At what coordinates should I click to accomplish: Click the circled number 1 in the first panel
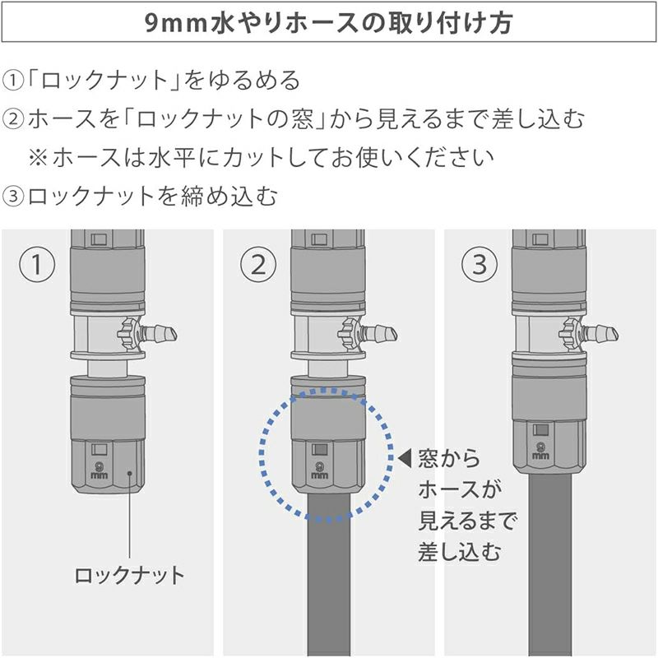click(37, 264)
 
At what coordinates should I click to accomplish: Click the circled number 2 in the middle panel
click(258, 264)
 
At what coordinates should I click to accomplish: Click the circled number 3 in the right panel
click(480, 264)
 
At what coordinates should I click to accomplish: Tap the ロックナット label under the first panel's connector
click(129, 575)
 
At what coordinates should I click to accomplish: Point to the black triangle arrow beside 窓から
click(405, 459)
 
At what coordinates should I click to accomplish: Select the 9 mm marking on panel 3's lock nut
click(540, 451)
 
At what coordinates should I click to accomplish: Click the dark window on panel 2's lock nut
click(319, 449)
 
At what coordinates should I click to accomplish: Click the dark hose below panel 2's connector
click(328, 574)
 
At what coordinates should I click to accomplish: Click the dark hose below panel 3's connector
click(549, 564)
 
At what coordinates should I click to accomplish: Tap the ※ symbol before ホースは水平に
click(38, 157)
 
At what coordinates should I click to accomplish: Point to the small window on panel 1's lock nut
click(99, 449)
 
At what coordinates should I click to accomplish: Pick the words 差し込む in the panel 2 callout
click(460, 551)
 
